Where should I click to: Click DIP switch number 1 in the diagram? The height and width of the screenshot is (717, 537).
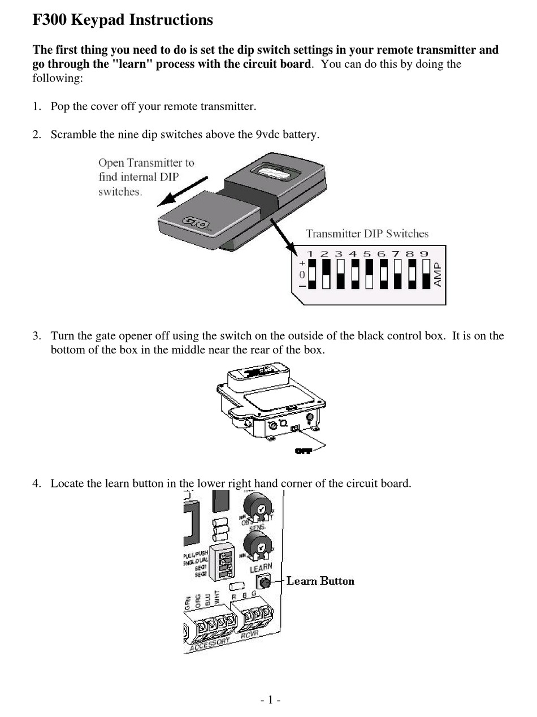(x=311, y=274)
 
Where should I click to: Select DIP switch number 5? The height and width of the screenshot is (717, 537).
(x=369, y=274)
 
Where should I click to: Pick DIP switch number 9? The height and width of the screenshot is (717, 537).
(x=426, y=274)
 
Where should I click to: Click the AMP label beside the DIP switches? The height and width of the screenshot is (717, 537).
(x=438, y=274)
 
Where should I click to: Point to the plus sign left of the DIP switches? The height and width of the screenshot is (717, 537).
(x=302, y=263)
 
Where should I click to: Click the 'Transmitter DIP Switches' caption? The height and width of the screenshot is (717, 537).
(x=367, y=234)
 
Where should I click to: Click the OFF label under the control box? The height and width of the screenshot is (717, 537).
(x=304, y=451)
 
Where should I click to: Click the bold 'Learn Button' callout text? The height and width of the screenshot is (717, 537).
(x=320, y=581)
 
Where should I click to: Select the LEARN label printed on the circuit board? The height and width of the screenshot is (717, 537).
(x=261, y=568)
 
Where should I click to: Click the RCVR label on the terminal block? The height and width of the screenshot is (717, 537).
(x=249, y=636)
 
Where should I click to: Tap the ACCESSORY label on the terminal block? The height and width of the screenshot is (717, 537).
(x=210, y=643)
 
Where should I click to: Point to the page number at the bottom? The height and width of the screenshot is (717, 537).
(x=270, y=700)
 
